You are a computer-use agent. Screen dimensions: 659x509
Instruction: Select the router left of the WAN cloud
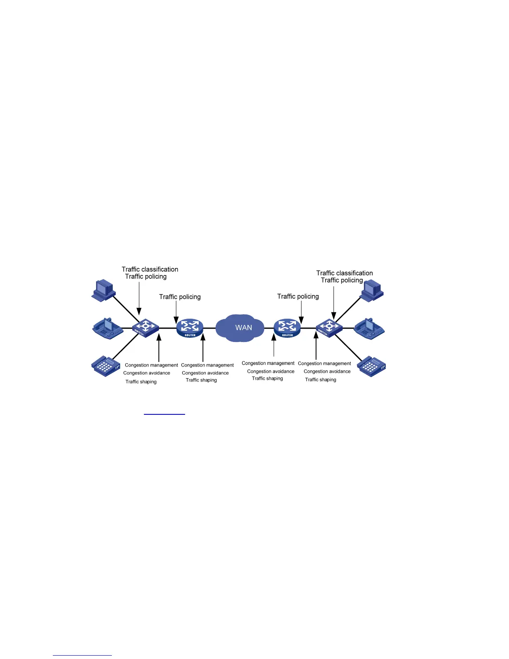pos(190,328)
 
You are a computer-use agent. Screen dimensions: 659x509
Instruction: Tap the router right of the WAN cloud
pos(287,328)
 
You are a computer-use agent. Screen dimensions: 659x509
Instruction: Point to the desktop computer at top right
pos(372,290)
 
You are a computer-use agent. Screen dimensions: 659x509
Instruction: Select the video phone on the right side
pos(369,328)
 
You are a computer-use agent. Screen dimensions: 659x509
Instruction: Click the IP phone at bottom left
pos(105,366)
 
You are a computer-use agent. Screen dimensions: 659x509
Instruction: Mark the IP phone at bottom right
pos(371,366)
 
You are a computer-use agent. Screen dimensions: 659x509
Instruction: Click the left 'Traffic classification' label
pos(150,269)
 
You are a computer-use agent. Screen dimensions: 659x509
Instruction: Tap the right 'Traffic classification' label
pos(344,273)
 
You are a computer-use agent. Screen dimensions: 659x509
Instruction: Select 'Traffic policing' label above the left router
pos(180,297)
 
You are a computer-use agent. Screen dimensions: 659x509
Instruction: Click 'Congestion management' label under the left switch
pos(151,365)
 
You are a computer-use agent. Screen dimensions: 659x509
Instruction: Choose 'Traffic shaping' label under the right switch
pos(321,379)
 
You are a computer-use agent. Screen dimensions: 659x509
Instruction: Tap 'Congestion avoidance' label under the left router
pos(205,373)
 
